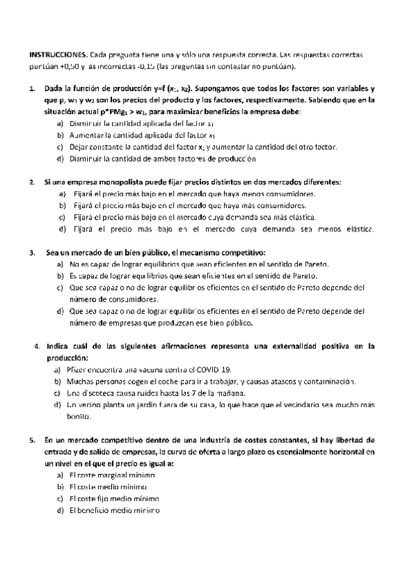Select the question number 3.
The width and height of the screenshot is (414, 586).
pos(32,253)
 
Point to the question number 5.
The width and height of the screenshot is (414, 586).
pos(32,439)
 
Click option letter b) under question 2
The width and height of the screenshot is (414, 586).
pos(63,205)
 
